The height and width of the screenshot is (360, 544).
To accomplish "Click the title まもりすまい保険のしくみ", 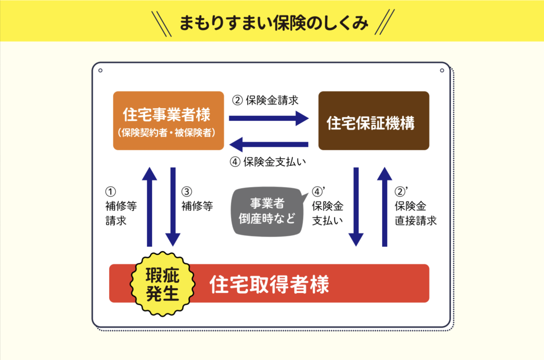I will [x=273, y=23].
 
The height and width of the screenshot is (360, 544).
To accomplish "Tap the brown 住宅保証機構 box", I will [x=374, y=121].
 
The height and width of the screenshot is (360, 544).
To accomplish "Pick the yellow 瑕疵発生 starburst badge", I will [x=162, y=284].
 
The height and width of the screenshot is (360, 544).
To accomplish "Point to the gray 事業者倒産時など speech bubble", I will [x=267, y=211].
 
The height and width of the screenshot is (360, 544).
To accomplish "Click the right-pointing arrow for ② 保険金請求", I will [x=269, y=118].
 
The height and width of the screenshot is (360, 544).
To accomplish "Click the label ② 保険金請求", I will [x=265, y=100].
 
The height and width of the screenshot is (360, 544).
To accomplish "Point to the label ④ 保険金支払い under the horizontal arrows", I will [x=268, y=162].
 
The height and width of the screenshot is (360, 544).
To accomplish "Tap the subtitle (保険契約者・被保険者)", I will [x=167, y=133].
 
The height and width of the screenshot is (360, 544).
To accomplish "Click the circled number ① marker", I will [x=110, y=191].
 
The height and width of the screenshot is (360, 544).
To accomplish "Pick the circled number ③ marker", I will [x=187, y=191].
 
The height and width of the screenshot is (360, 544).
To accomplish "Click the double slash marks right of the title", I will [x=385, y=22].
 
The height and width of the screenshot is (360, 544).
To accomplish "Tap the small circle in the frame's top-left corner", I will [x=100, y=70].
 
